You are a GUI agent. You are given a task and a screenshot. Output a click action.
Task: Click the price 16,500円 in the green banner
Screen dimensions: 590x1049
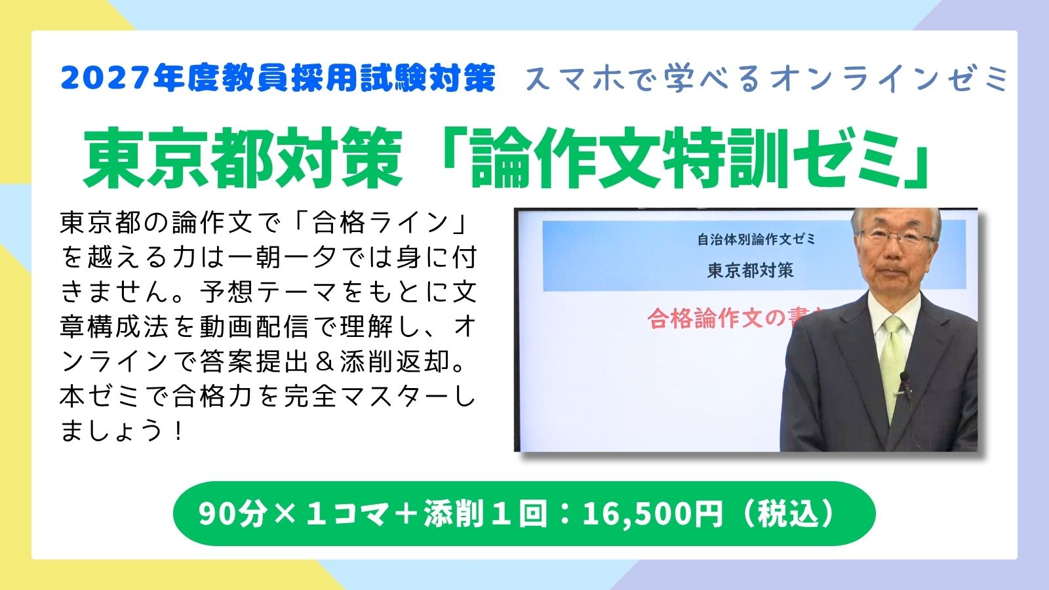click(x=652, y=514)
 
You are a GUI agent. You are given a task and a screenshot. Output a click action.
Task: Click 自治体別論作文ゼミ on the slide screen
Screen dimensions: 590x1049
click(x=756, y=240)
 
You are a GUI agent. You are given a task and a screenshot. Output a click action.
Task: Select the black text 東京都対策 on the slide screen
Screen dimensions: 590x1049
click(x=751, y=270)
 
